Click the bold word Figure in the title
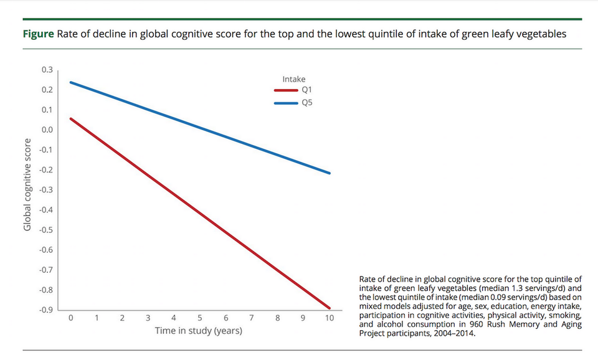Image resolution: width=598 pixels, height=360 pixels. [x=39, y=34]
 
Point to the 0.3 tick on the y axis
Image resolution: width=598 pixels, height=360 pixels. [x=47, y=70]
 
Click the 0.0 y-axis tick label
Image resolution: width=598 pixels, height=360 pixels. [x=47, y=130]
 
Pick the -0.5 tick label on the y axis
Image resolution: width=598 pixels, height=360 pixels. [x=46, y=230]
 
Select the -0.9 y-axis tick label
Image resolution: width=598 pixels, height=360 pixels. [x=46, y=310]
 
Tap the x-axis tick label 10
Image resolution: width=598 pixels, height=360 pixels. [x=329, y=318]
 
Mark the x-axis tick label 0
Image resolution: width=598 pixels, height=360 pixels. [x=71, y=318]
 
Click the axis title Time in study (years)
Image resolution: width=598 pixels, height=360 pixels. [x=199, y=331]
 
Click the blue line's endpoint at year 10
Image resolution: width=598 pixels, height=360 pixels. [x=329, y=173]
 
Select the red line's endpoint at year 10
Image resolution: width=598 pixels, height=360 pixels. [x=329, y=308]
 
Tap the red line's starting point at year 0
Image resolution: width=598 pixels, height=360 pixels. [x=72, y=118]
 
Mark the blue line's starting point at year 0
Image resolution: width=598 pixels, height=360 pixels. [x=72, y=82]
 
